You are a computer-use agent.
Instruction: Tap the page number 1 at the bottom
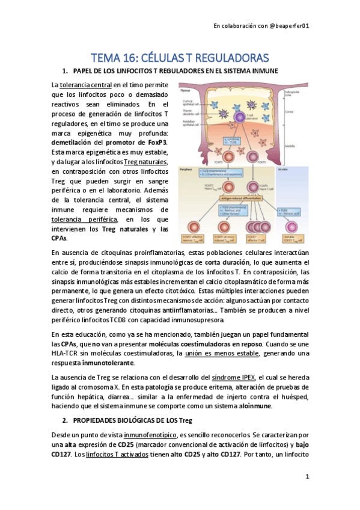[x=307, y=476]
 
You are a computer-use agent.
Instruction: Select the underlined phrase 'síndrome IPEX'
[x=236, y=376]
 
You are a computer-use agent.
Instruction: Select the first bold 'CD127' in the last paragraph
[x=64, y=453]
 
